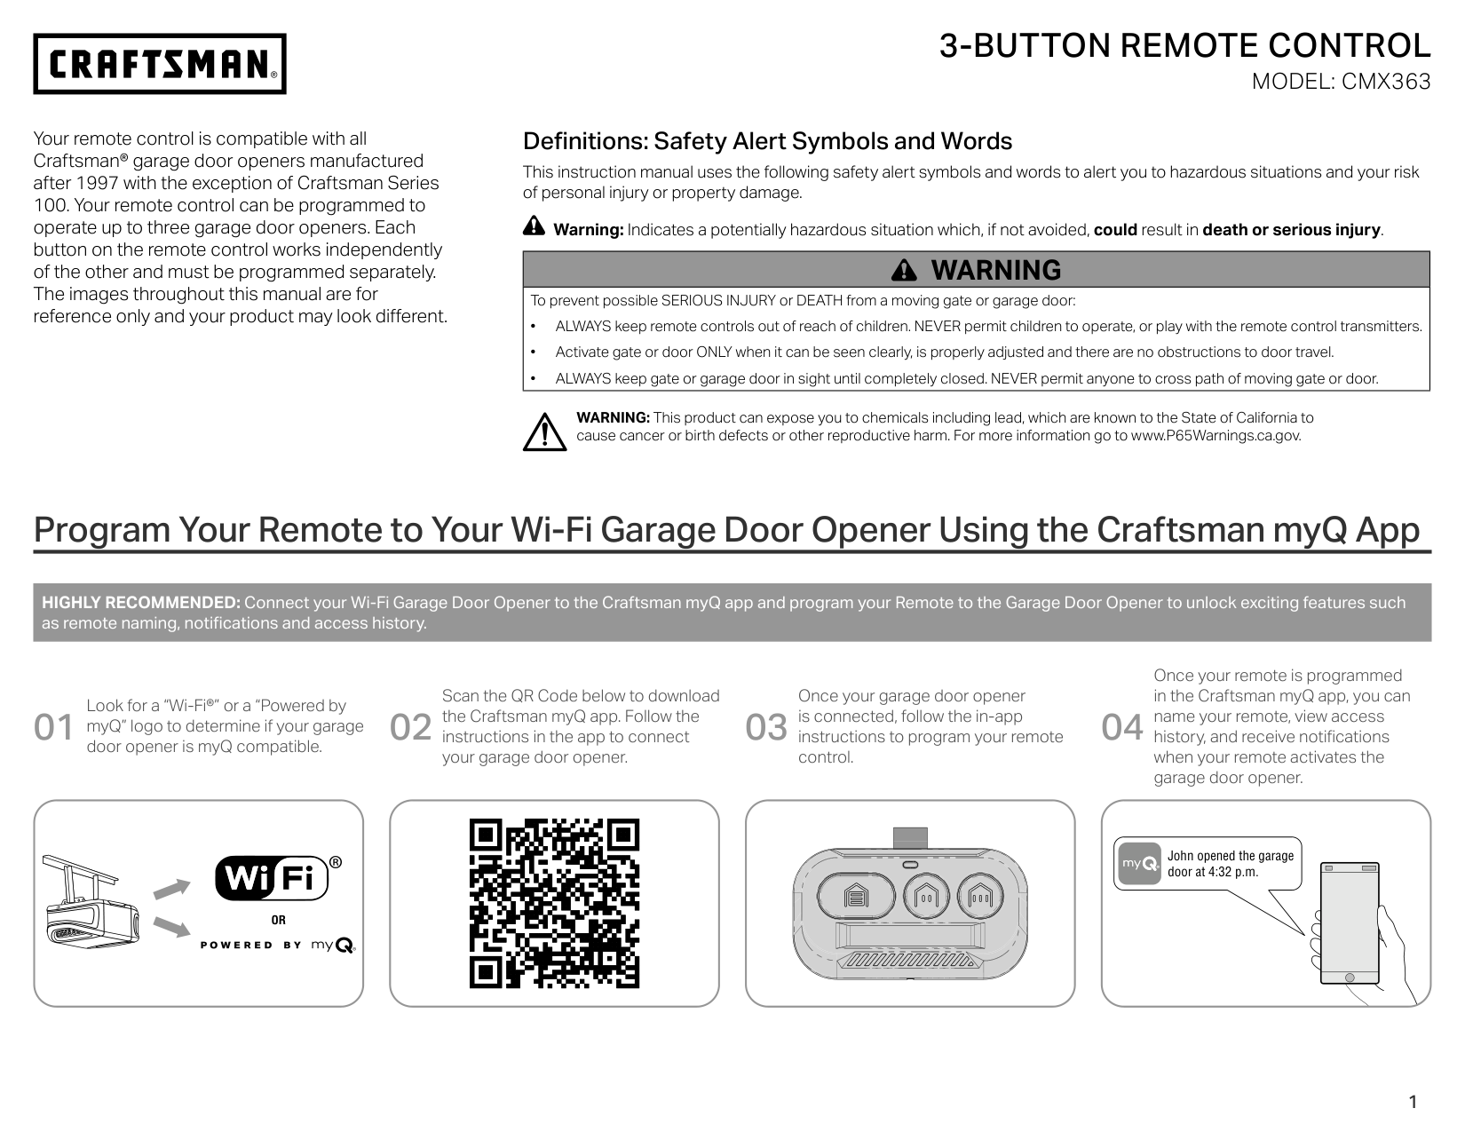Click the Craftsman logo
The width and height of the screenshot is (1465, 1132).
(x=160, y=64)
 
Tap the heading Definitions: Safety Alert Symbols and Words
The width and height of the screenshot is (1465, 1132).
(x=767, y=141)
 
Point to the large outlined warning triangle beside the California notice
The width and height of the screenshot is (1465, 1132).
(x=543, y=431)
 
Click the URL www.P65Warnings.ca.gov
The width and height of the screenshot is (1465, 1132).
(x=1216, y=436)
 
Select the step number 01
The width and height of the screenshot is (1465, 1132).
(x=53, y=727)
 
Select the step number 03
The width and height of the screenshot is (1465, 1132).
(x=766, y=727)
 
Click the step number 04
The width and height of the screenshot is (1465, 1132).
(x=1122, y=727)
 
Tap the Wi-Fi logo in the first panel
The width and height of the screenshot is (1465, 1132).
(x=272, y=878)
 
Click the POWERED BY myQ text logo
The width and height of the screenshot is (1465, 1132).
(x=278, y=945)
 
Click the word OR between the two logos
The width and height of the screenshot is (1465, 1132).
(x=279, y=920)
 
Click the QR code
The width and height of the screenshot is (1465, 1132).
(x=554, y=903)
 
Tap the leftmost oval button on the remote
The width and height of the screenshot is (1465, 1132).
(x=855, y=897)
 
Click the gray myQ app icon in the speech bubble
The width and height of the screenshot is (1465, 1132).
(x=1139, y=864)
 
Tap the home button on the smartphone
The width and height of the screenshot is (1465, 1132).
(x=1350, y=978)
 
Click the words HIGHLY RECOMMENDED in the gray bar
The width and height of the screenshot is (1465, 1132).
(x=141, y=603)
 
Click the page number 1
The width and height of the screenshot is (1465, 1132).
(x=1413, y=1103)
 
